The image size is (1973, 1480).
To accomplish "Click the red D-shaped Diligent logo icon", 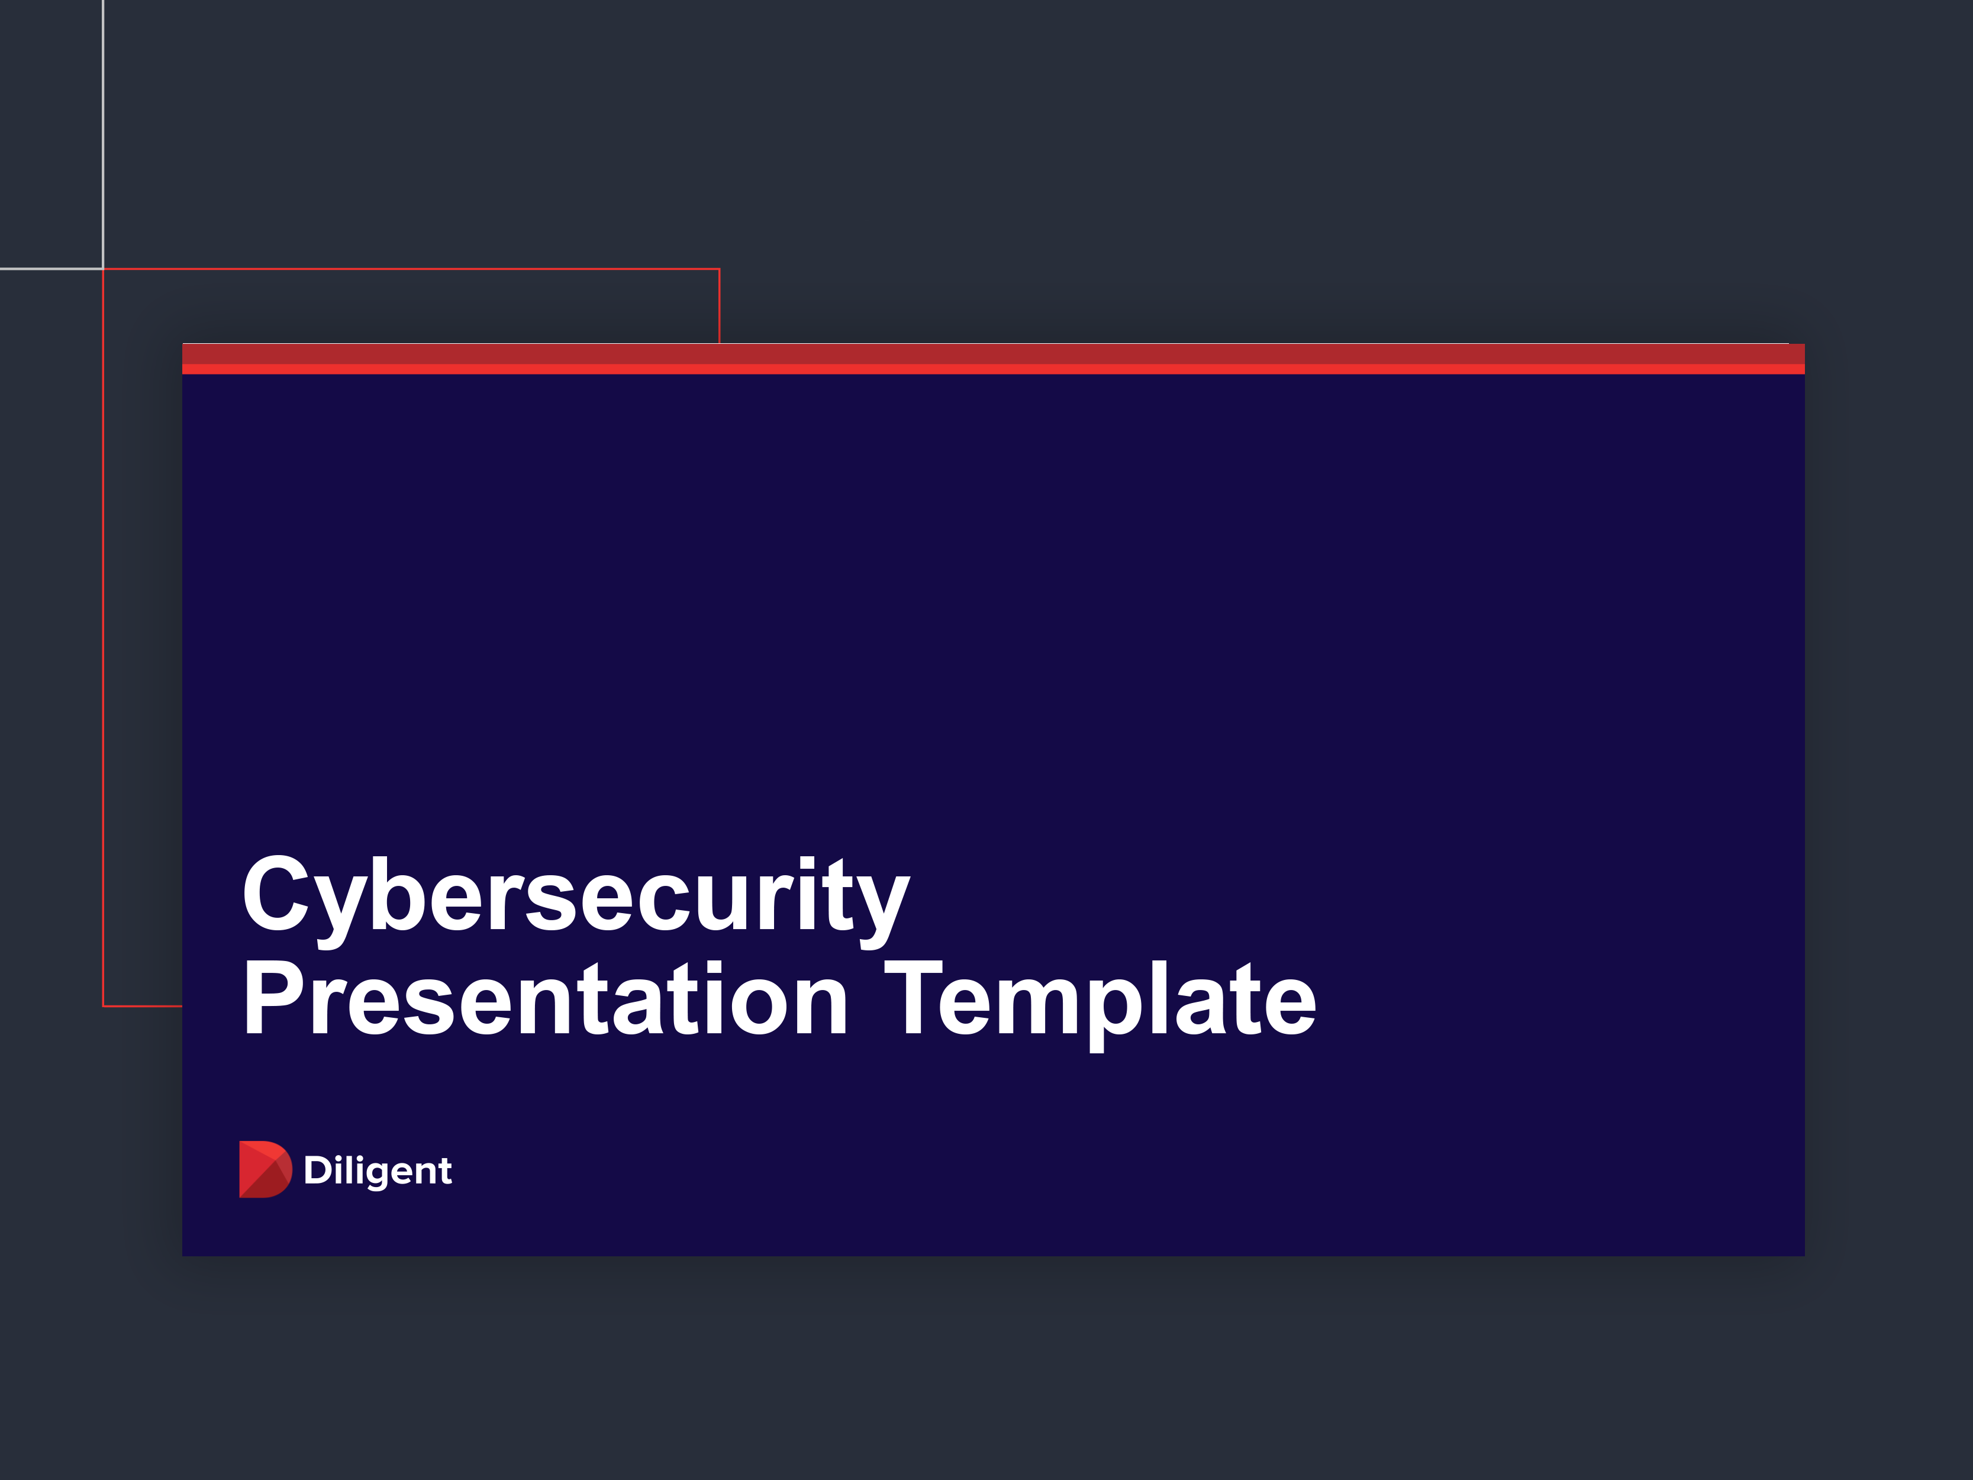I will click(x=264, y=1169).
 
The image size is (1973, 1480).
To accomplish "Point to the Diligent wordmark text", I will click(x=378, y=1171).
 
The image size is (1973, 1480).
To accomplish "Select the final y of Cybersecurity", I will click(x=881, y=903).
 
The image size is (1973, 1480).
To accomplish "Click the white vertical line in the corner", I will click(x=104, y=134).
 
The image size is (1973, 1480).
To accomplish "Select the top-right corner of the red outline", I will click(x=719, y=269).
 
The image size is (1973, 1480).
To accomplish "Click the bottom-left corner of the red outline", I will click(x=104, y=1005).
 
